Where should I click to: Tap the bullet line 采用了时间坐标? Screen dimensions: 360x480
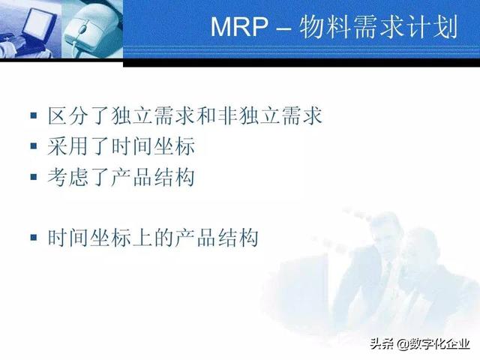click(121, 146)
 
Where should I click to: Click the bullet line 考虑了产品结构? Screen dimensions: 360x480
click(121, 177)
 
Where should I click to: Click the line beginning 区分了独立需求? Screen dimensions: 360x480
click(184, 115)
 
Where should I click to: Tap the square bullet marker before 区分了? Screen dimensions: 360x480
click(33, 116)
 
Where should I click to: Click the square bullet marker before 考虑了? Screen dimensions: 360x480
click(33, 178)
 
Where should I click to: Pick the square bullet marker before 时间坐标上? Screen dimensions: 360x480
click(33, 238)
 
